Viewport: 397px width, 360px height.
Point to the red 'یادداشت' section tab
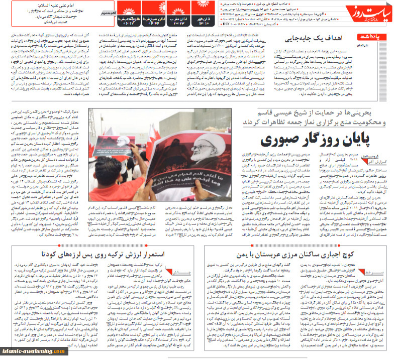pyautogui.click(x=371, y=37)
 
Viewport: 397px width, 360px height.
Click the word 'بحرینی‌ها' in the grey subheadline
pyautogui.click(x=367, y=114)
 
